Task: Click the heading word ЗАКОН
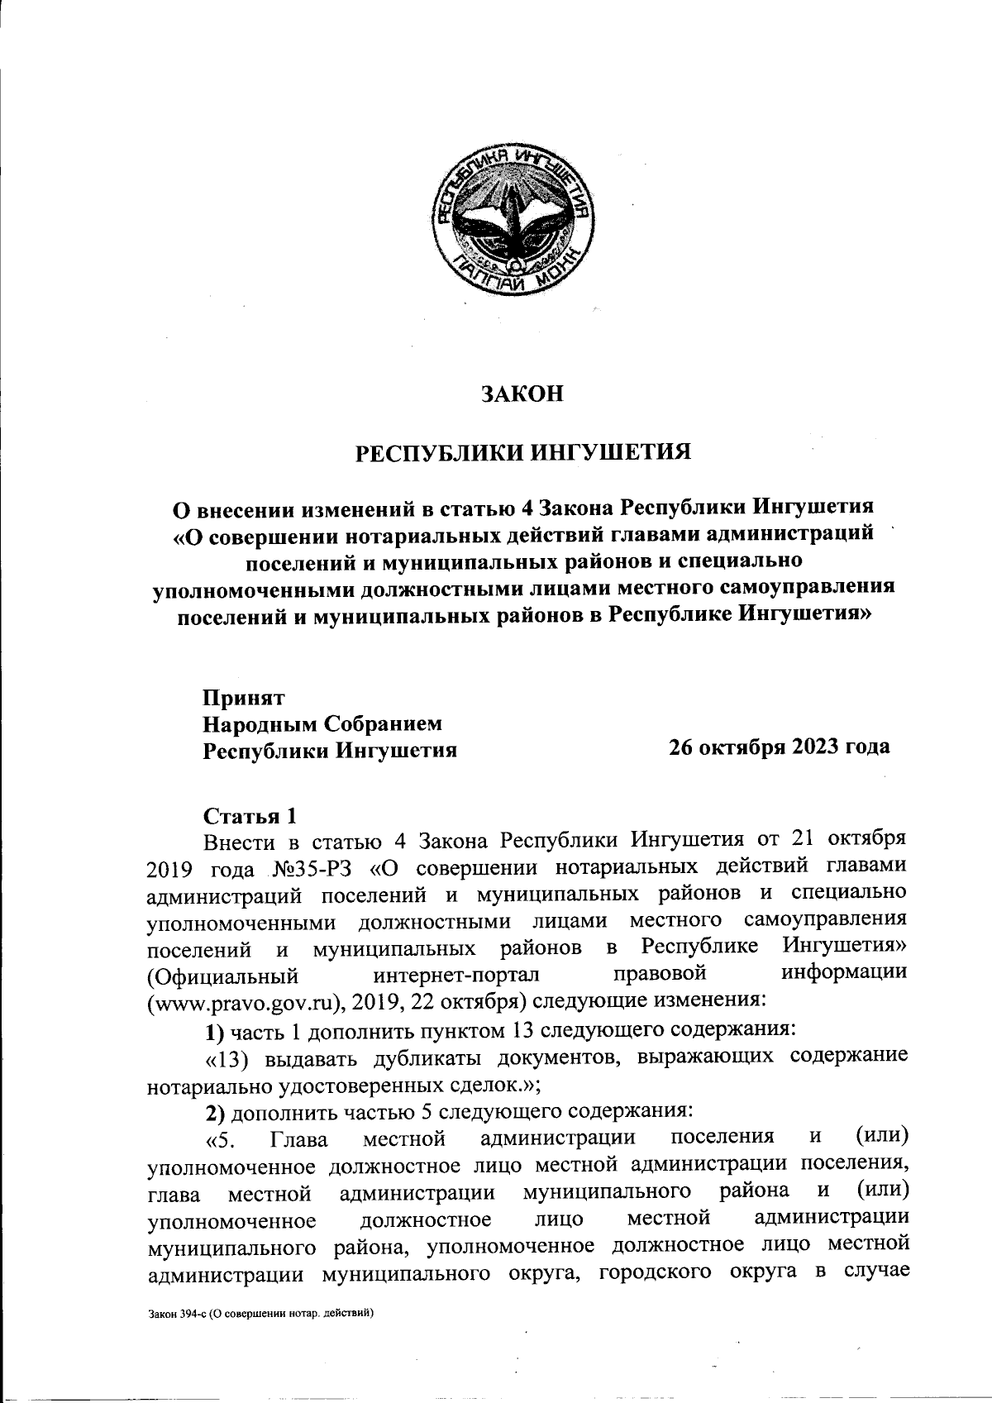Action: [x=522, y=393]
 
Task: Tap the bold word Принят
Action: [x=245, y=697]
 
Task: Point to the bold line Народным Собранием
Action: [x=323, y=723]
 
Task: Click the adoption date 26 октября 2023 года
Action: [x=780, y=747]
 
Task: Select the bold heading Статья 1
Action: [x=250, y=815]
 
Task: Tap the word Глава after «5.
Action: [x=298, y=1140]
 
